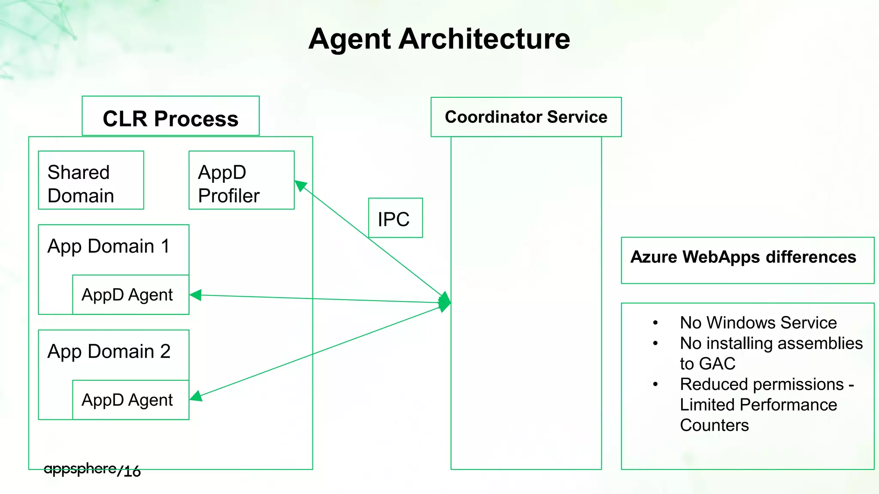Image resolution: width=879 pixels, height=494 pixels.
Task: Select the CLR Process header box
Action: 170,117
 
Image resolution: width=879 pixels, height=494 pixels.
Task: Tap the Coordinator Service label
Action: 526,117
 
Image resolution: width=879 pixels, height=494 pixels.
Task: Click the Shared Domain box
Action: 91,181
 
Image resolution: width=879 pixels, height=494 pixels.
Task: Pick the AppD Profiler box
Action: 241,181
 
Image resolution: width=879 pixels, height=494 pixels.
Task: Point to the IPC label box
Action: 395,218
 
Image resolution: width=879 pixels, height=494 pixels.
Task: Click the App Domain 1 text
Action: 109,247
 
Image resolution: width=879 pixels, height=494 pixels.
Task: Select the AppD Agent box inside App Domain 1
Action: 130,295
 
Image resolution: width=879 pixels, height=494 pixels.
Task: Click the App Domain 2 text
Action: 109,352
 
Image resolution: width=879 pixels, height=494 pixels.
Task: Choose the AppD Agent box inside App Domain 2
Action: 130,400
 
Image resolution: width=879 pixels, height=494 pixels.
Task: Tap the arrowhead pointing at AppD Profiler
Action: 300,185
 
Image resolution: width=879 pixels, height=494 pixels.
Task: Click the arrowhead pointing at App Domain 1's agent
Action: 195,295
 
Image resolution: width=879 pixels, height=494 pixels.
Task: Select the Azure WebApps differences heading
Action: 743,257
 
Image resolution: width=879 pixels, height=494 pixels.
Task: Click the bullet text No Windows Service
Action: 758,323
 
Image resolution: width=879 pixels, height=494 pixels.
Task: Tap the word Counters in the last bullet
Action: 714,425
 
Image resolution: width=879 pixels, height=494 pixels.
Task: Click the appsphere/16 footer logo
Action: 92,470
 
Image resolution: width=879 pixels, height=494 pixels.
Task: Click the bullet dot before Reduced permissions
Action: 655,384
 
